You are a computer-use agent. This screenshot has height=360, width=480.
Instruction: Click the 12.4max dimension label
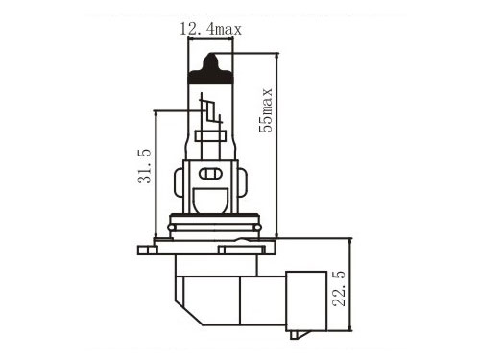210,29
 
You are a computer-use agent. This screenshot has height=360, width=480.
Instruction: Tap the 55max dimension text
266,110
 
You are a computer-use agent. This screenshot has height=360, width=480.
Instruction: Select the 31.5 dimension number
144,166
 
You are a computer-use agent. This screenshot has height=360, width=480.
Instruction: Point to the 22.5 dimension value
339,289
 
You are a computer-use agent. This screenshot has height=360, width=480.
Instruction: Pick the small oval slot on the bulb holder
210,174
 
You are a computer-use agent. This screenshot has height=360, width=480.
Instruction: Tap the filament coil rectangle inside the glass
210,136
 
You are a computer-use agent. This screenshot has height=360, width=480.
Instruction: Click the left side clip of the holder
179,183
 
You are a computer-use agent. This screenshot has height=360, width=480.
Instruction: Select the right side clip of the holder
243,183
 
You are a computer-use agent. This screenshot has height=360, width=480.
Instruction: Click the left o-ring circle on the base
172,228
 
